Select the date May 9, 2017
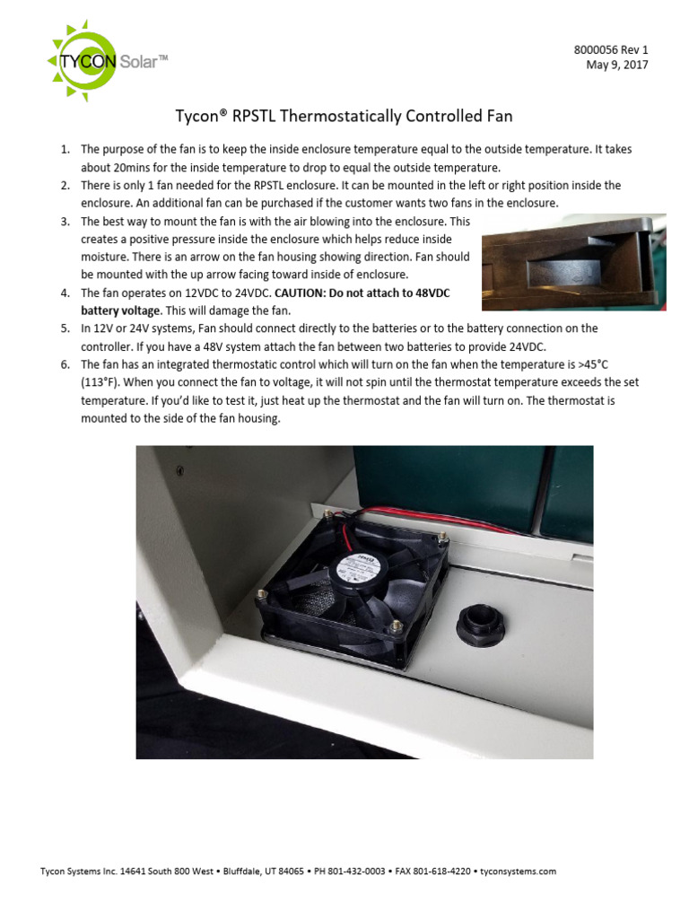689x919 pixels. (616, 65)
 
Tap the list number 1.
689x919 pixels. (65, 149)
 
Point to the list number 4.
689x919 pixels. (65, 293)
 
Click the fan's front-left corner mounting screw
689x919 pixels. (263, 595)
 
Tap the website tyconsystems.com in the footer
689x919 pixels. (519, 871)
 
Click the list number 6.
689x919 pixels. (65, 365)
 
